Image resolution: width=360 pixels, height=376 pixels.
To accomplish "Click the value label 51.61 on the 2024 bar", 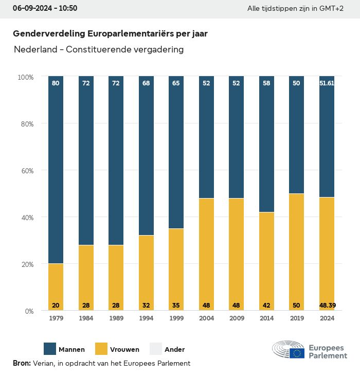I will point(327,83).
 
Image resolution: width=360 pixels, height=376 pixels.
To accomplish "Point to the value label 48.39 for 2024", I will point(327,306).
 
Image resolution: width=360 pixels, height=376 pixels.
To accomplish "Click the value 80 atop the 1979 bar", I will point(56,83).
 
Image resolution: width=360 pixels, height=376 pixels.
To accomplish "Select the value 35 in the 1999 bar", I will point(176,306).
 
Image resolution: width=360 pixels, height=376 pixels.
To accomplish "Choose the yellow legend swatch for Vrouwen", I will point(101,349).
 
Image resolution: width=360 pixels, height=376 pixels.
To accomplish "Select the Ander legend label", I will point(174,350).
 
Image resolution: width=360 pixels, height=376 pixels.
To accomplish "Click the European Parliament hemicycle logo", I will point(288,349).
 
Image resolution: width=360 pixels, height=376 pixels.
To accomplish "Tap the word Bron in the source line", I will point(21,363).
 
